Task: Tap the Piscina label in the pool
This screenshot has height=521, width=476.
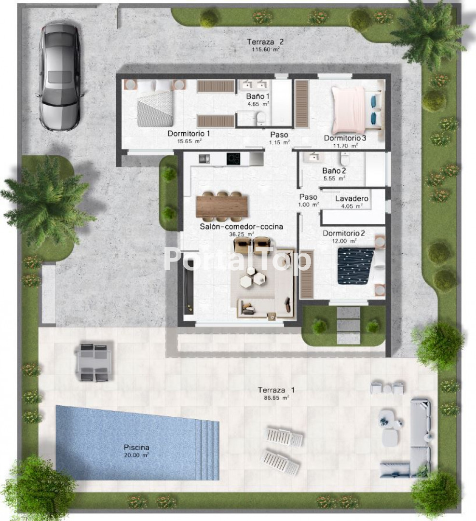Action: pos(136,447)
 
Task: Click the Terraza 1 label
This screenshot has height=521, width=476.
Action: pos(276,390)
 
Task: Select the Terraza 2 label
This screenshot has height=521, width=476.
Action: pos(265,42)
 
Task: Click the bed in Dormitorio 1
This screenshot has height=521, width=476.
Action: pos(156,103)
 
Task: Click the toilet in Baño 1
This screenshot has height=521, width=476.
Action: pos(262,118)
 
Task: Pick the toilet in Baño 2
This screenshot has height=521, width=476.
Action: pos(345,159)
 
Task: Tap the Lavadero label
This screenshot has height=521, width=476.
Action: pos(352,199)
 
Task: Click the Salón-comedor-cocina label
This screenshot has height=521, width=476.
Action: pos(242,227)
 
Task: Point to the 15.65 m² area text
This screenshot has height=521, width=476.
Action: pos(190,141)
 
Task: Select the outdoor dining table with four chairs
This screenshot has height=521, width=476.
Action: pos(95,362)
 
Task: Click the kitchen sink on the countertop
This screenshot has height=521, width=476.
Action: pos(204,159)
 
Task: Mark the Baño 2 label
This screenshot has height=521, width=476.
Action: pos(334,171)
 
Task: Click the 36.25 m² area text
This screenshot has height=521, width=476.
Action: pos(242,234)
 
